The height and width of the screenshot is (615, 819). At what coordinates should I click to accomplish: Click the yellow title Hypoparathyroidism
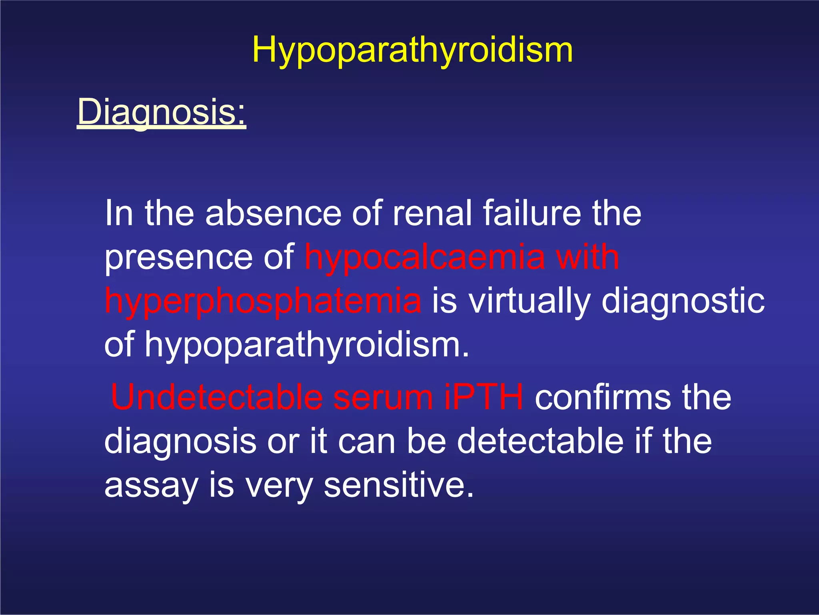412,51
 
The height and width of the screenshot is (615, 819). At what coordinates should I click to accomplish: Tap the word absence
273,213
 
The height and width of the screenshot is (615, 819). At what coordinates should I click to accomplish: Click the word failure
531,213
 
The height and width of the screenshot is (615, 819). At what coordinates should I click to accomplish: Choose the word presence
178,257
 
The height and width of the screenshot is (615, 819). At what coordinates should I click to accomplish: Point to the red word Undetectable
216,397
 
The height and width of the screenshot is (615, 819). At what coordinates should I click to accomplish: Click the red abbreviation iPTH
483,397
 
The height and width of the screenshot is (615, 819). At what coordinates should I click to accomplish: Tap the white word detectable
540,441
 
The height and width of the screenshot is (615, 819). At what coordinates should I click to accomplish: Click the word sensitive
398,485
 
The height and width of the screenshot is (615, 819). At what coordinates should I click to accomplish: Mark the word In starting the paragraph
118,213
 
